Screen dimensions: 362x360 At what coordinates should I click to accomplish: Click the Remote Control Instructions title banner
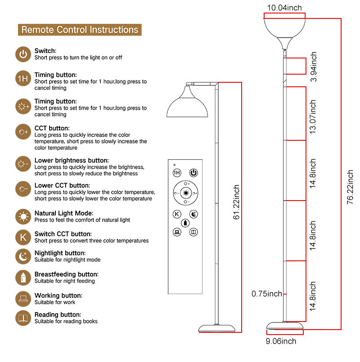click(x=80, y=30)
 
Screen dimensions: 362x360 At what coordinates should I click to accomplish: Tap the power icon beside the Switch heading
click(x=23, y=54)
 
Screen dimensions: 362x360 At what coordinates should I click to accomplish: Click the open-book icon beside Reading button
click(x=23, y=318)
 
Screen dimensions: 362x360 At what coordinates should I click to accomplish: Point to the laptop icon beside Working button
click(x=23, y=299)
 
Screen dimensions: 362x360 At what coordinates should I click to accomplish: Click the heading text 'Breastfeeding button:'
click(x=66, y=274)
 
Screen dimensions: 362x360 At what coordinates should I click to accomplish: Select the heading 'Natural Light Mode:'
click(x=64, y=213)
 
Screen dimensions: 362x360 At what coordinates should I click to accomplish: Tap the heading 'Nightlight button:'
click(x=60, y=253)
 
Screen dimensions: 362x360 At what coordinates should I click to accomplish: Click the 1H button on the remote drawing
click(x=177, y=173)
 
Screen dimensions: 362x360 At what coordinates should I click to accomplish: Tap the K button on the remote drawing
click(x=177, y=214)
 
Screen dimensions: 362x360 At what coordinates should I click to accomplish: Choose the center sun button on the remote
click(x=185, y=194)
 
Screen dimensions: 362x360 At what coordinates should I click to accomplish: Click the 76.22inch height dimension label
click(x=350, y=187)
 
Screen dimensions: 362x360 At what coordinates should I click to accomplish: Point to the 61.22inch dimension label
click(x=236, y=202)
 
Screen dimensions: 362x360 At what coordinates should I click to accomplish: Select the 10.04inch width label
click(x=284, y=8)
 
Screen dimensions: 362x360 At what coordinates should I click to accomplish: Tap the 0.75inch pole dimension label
click(x=267, y=294)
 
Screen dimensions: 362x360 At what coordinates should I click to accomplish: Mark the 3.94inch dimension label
click(x=314, y=67)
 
